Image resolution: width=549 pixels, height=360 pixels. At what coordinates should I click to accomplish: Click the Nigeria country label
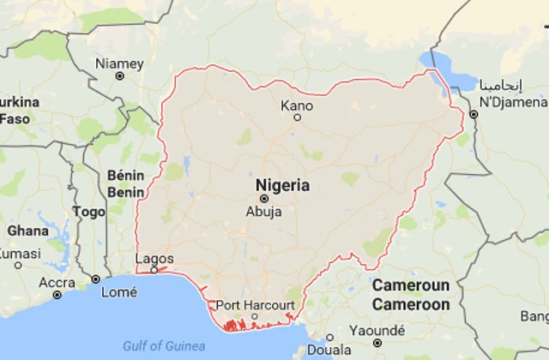[x=282, y=184]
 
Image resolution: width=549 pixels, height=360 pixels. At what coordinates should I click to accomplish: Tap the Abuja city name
[x=263, y=213]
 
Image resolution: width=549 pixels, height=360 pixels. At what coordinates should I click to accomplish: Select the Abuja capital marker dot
[x=263, y=198]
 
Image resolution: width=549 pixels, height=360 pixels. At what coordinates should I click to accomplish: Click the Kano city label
[x=297, y=106]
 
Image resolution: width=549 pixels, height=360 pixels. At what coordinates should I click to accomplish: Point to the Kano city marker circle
[x=298, y=117]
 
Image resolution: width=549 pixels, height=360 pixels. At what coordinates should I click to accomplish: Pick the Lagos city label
[x=155, y=258]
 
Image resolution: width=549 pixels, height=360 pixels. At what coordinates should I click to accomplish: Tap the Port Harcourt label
[x=255, y=305]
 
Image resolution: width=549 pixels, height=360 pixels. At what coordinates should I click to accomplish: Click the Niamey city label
[x=119, y=63]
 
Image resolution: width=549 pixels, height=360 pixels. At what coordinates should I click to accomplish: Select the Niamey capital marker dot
[x=119, y=75]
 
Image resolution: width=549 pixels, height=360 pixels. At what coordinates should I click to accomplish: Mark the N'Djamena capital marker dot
[x=474, y=113]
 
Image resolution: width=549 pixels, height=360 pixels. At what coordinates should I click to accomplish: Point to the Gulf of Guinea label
[x=163, y=345]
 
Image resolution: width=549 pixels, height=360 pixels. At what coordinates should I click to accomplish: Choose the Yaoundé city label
[x=378, y=331]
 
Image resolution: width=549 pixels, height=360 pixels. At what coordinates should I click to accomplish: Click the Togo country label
[x=89, y=211]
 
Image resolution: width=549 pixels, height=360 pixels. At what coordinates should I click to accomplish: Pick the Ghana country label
[x=27, y=231]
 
